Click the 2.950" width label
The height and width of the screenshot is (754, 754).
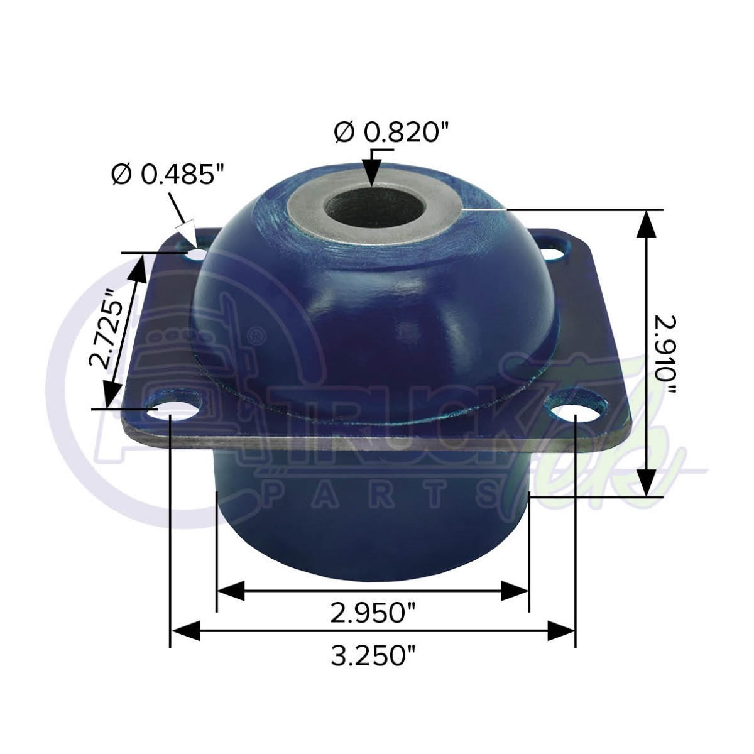[x=374, y=612]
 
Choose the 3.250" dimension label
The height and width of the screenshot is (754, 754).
[x=374, y=656]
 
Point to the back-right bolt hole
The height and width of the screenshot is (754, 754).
[x=553, y=253]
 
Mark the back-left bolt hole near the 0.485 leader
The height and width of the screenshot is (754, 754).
[x=197, y=254]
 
